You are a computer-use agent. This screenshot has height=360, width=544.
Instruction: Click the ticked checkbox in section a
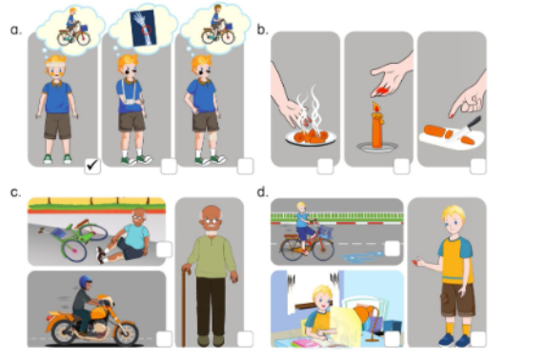point(91,167)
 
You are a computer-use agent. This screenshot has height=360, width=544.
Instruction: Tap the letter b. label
point(263,30)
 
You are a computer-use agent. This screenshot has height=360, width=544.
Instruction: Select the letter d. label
point(263,192)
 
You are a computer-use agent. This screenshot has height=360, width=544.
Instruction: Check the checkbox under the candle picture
point(398,166)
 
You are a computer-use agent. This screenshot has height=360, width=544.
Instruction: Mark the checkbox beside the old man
point(245,338)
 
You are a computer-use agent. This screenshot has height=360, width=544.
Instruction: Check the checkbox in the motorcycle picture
point(163,338)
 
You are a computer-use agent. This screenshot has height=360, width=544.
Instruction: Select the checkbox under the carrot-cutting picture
point(473,166)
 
